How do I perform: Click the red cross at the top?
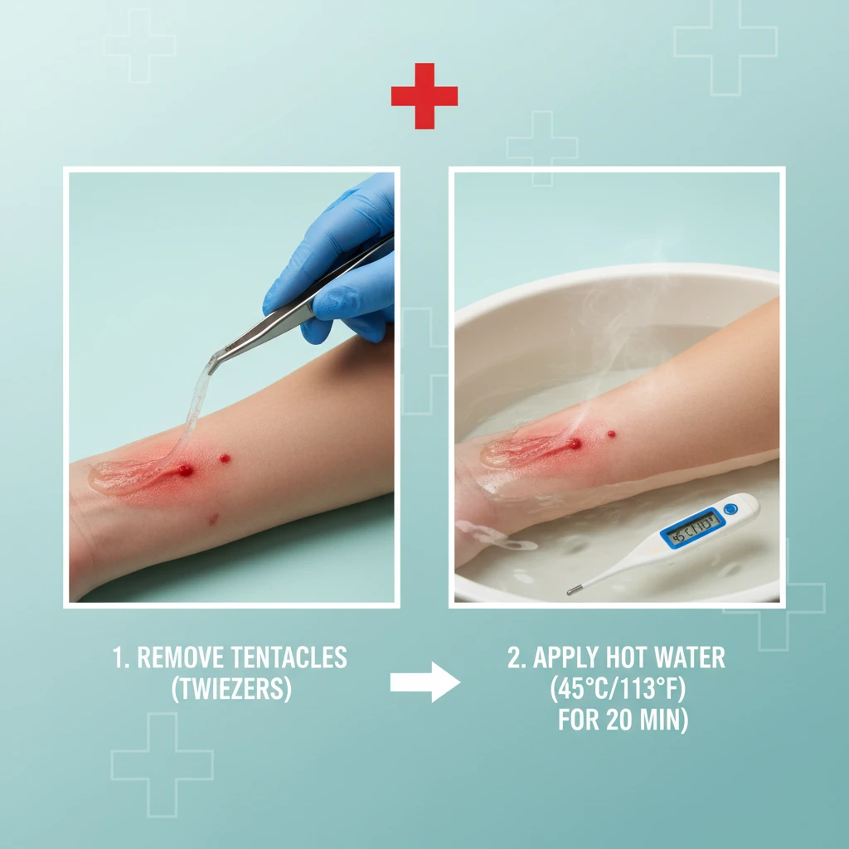pyautogui.click(x=424, y=96)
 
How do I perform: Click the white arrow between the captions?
pyautogui.click(x=424, y=682)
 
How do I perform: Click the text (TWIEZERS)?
pyautogui.click(x=231, y=690)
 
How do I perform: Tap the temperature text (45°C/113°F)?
pyautogui.click(x=617, y=690)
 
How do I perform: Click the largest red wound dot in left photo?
pyautogui.click(x=185, y=470)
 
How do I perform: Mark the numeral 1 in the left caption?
pyautogui.click(x=118, y=658)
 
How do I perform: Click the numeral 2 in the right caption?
pyautogui.click(x=513, y=658)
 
